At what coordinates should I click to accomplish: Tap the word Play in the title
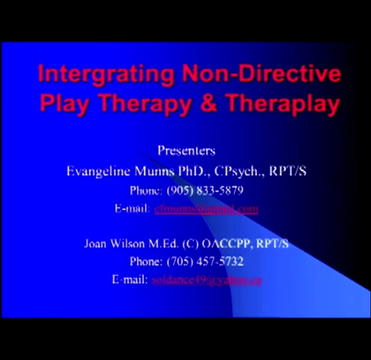click(64, 103)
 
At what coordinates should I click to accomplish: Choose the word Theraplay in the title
click(282, 103)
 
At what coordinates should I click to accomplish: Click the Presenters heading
click(186, 150)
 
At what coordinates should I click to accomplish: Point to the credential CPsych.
click(238, 171)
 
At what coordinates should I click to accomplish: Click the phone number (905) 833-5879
click(205, 190)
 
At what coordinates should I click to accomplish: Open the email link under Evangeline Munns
click(206, 208)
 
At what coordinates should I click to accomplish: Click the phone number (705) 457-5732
click(205, 261)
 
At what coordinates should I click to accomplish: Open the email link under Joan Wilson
click(206, 279)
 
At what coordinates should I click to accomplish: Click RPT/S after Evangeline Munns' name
click(287, 171)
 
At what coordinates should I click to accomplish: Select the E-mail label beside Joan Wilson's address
click(130, 279)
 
